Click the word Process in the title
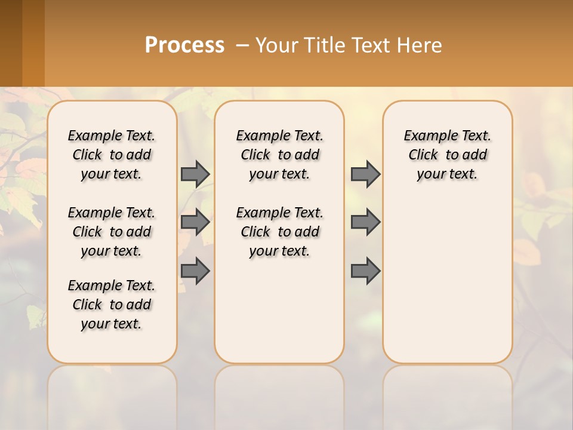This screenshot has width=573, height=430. click(184, 45)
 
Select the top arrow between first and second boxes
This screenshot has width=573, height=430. click(195, 174)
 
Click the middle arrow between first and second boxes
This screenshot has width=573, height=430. click(195, 222)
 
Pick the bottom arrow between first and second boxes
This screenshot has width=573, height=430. click(195, 271)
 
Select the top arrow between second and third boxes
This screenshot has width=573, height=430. click(365, 174)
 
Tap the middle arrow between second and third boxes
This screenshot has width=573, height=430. click(365, 222)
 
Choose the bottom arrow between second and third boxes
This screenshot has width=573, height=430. click(365, 271)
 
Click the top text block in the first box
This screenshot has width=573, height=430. click(112, 155)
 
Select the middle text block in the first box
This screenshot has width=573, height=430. click(112, 232)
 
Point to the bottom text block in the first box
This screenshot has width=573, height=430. click(112, 305)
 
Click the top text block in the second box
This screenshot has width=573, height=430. click(280, 155)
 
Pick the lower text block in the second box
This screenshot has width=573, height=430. click(280, 232)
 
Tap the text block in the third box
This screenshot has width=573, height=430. click(448, 155)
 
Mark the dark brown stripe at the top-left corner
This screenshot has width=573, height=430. click(11, 43)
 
